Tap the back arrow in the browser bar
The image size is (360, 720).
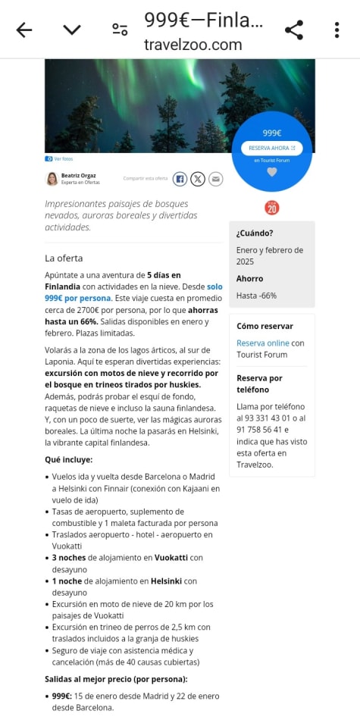coord(24,30)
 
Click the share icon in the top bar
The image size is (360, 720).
coord(294,30)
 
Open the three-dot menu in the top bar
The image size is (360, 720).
coord(337,30)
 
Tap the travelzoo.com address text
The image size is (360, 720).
coord(193,45)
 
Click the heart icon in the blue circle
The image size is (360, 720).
coord(272,172)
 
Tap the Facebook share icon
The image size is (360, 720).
coord(180,179)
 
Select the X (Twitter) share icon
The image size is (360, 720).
coord(198,179)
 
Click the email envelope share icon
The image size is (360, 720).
coord(216,179)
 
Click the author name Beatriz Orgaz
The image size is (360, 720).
coord(78,175)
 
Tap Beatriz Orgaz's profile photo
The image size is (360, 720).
coord(52,179)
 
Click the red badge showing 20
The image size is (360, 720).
coord(271,208)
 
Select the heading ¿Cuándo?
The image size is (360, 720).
coord(255,233)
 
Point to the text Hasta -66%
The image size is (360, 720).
coord(256,296)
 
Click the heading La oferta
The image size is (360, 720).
coord(64,258)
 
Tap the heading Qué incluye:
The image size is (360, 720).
coord(68,459)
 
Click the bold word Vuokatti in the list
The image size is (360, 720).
coord(158,558)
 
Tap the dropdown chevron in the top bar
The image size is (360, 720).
coord(72,30)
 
